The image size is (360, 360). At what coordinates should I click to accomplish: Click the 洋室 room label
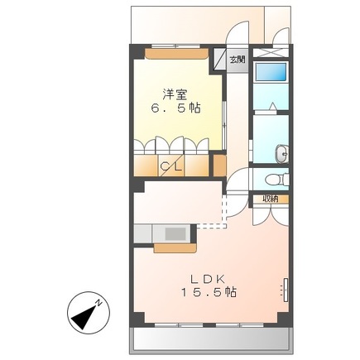(x=173, y=94)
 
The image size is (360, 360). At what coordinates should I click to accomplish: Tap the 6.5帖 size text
(x=173, y=108)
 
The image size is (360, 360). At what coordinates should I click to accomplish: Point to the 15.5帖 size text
(x=210, y=293)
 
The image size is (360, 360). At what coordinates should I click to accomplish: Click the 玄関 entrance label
(x=238, y=60)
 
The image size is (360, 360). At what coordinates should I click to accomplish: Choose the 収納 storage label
(x=271, y=199)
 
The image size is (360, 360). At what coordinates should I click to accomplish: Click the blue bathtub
(x=270, y=71)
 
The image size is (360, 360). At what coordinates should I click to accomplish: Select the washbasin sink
(x=281, y=152)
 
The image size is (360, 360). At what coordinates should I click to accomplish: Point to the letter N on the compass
(x=98, y=304)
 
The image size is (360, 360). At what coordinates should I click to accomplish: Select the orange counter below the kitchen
(x=174, y=246)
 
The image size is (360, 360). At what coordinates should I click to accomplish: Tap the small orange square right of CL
(x=218, y=163)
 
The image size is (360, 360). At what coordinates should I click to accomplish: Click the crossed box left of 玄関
(x=221, y=60)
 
